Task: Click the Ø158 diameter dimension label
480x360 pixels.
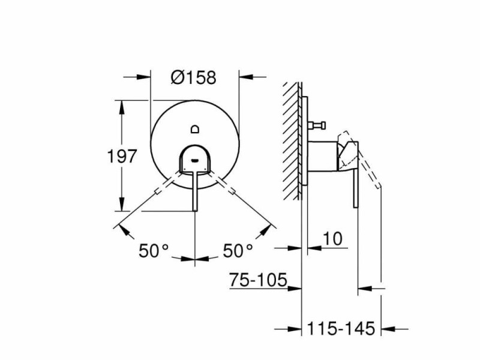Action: coord(193,77)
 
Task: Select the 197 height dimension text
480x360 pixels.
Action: coord(122,156)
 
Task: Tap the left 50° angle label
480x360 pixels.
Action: coord(154,250)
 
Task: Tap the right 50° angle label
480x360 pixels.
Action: coord(238,250)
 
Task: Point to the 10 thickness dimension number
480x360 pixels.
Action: coord(332,239)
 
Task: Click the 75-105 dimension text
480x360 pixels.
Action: coord(259,280)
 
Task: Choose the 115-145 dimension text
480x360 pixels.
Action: coord(341,328)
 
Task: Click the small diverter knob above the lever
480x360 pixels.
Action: coord(195,129)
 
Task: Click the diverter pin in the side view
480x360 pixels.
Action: coord(317,125)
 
